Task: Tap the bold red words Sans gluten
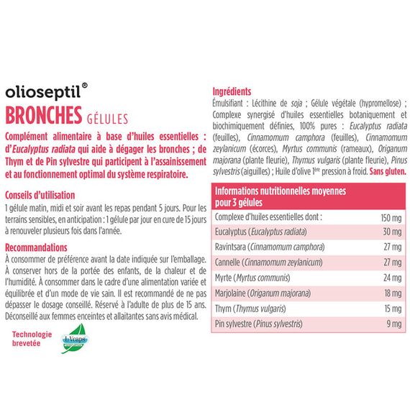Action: (388, 173)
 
